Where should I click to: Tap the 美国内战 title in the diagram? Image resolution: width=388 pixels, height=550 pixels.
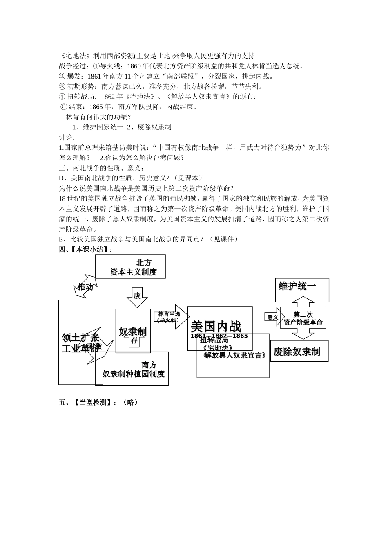[216, 327]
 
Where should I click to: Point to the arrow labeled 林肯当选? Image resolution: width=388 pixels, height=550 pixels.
[170, 317]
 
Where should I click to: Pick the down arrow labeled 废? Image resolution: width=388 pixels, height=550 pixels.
[137, 296]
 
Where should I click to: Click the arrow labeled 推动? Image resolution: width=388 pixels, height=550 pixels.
[85, 287]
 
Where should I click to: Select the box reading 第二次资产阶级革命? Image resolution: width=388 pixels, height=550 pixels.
[303, 318]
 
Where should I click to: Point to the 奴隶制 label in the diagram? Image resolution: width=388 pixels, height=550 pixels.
[132, 331]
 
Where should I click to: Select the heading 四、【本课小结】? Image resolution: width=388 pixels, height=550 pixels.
[85, 249]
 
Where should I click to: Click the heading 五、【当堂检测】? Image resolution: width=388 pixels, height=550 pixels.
[98, 402]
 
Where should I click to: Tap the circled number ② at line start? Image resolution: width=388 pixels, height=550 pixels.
[62, 76]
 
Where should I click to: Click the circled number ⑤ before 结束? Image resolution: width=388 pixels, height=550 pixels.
[64, 107]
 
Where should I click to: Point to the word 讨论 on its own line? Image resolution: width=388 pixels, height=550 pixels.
[67, 137]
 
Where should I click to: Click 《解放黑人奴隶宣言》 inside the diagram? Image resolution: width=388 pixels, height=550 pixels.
[234, 355]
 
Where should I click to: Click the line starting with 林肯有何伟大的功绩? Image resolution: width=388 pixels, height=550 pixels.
[98, 117]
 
